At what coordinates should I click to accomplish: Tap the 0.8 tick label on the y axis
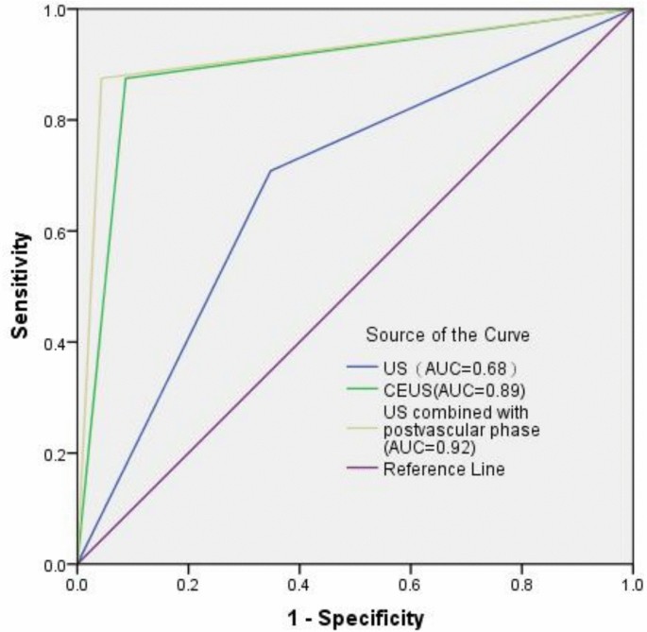[56, 120]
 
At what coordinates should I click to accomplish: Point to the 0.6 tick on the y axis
[56, 231]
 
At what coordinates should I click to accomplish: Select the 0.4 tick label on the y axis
[56, 342]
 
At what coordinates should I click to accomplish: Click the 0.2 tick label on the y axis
[56, 453]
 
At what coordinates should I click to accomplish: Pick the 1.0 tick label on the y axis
[56, 9]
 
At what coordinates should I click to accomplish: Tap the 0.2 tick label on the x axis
[188, 585]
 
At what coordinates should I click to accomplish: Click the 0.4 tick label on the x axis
[299, 585]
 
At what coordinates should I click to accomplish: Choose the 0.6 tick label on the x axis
[410, 585]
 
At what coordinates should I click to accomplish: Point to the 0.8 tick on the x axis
[521, 585]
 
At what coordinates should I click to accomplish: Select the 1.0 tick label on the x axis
[631, 585]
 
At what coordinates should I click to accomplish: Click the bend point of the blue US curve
[271, 171]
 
